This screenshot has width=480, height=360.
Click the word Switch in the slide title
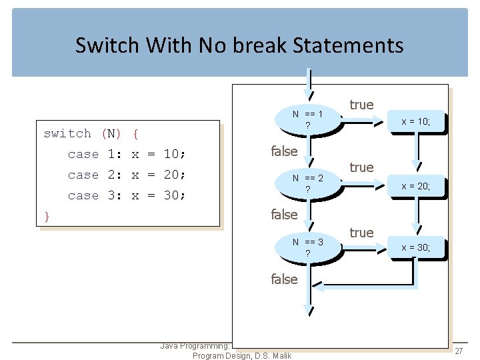pos(107,45)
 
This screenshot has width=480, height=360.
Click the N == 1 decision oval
pos(307,119)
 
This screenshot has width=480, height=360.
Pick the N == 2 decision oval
pos(307,183)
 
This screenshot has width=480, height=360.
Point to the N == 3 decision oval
pos(307,247)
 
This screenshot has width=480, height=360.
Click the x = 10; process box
pos(415,121)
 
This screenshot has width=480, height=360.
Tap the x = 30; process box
pos(415,248)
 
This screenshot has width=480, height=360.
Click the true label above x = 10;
pos(361,105)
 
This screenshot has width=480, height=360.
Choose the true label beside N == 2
pos(361,167)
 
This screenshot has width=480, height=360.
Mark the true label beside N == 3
pos(361,232)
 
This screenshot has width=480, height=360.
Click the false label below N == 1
pos(284,151)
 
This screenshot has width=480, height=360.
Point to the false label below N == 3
pos(284,279)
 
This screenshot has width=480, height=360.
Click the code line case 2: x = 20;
pos(127,175)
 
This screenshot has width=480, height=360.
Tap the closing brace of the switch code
pos(47,215)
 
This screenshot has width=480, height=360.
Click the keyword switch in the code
pos(67,133)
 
